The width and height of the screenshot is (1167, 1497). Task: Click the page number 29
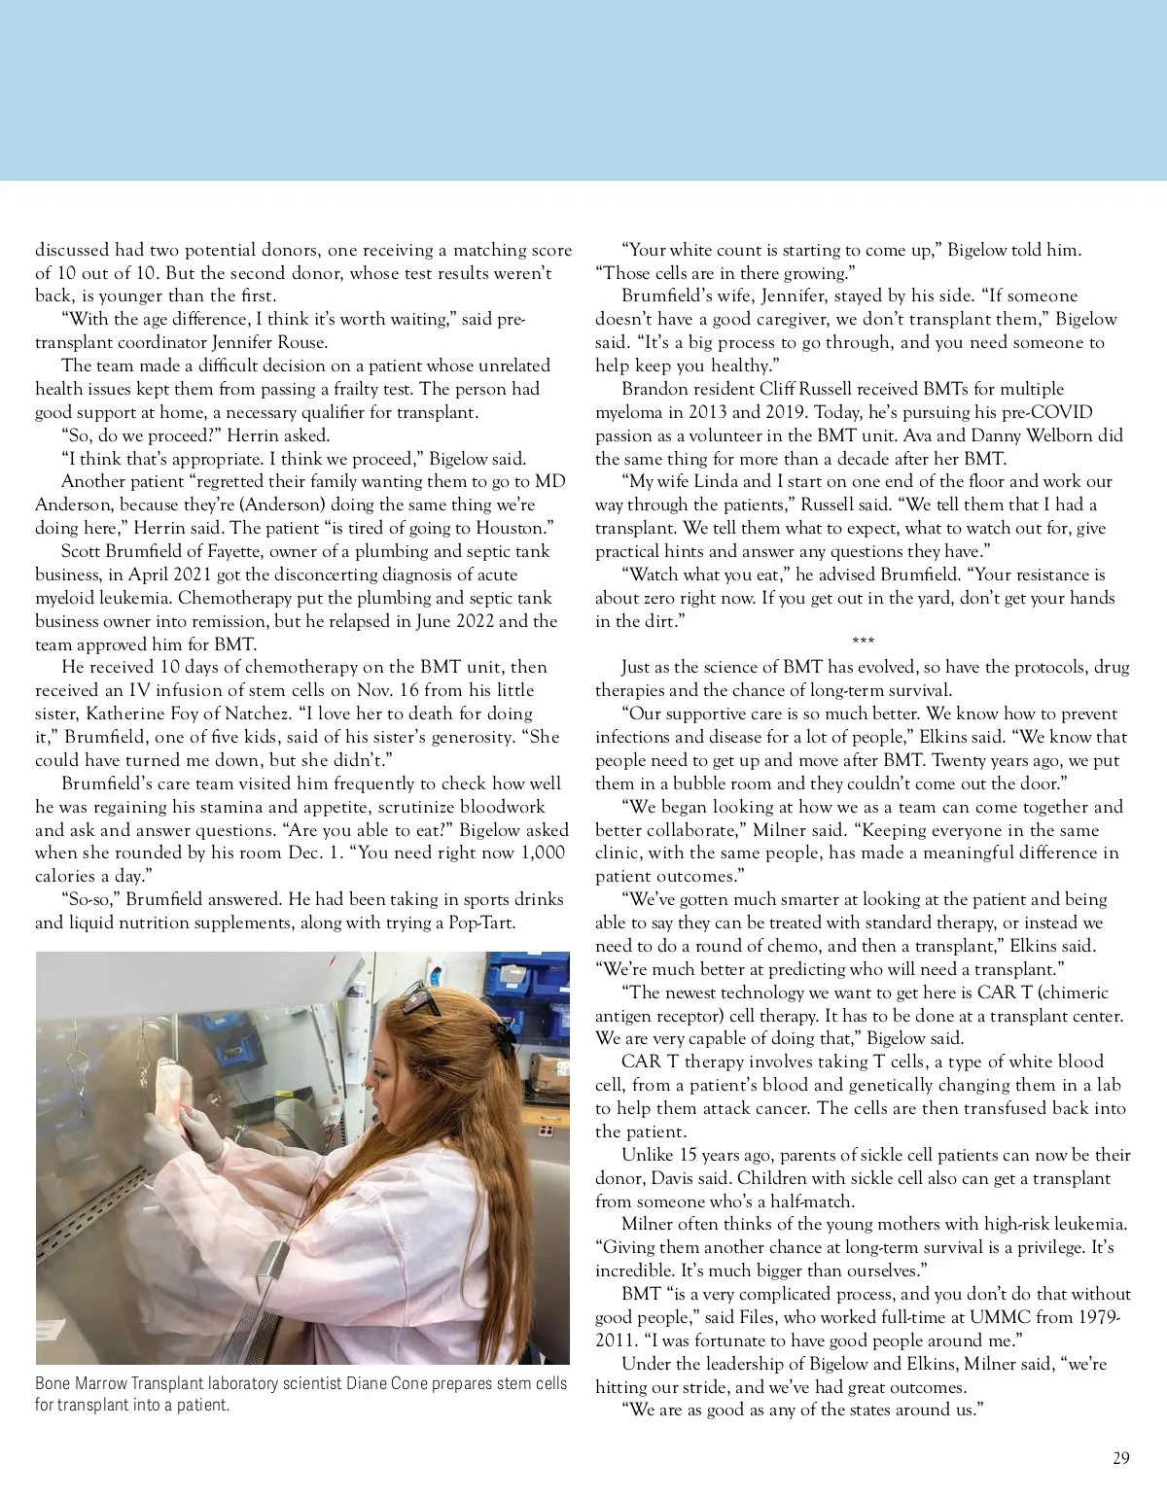(1121, 1458)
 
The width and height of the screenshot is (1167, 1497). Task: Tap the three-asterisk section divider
(863, 643)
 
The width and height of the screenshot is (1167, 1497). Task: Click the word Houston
(514, 528)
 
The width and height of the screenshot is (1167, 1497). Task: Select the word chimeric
(1066, 992)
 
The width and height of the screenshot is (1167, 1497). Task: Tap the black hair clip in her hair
(503, 1036)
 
